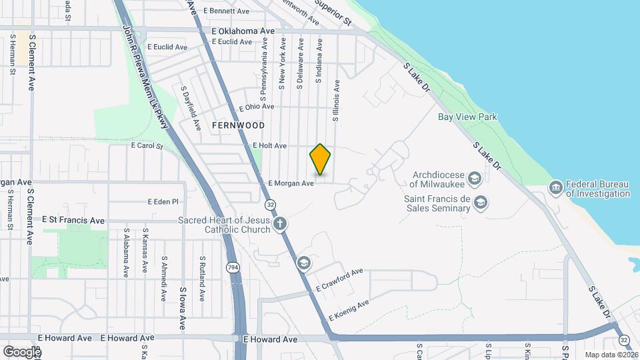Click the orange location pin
tap(321, 160)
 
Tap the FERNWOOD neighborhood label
tap(239, 125)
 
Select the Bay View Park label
tap(468, 117)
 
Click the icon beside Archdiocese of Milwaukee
tap(474, 178)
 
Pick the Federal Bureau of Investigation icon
tap(555, 188)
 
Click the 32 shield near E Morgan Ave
tap(270, 203)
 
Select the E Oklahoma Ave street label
tap(243, 31)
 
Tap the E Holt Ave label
tap(269, 146)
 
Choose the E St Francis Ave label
tap(73, 220)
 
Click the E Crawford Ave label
tap(340, 279)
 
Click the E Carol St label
tap(147, 145)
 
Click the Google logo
tap(22, 351)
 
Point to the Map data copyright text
tap(611, 355)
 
